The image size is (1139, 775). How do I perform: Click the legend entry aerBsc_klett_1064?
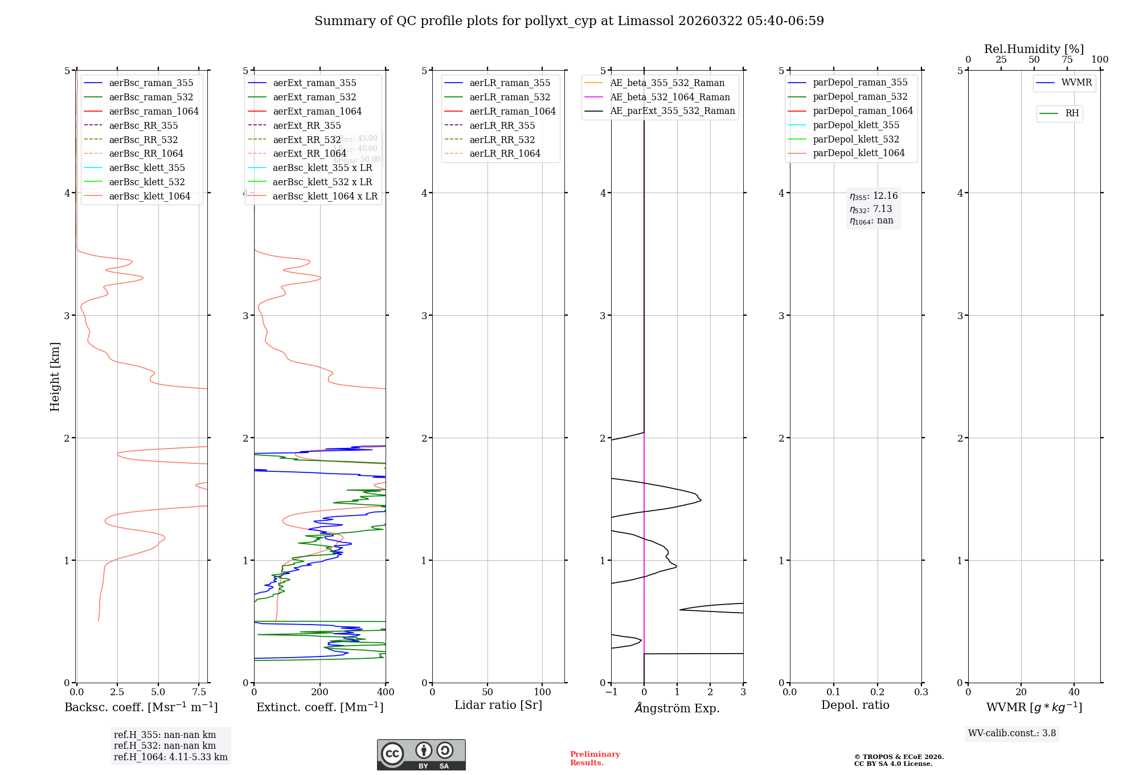150,196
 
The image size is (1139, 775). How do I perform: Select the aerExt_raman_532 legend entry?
314,97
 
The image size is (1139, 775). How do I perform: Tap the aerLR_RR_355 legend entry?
502,125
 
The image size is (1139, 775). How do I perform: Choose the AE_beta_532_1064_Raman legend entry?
670,97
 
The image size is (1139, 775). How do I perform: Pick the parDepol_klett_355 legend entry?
856,125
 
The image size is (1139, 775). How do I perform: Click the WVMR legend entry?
1076,83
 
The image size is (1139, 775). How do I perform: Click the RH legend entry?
1072,113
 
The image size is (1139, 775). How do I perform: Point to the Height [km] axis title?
55,376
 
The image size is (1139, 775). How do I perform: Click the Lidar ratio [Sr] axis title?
498,705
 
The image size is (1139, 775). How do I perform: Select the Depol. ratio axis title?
855,705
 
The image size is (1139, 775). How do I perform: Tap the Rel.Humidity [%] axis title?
1034,49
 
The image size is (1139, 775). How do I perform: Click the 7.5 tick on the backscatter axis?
199,692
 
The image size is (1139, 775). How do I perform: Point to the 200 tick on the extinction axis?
320,692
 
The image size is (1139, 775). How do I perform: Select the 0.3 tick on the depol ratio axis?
921,692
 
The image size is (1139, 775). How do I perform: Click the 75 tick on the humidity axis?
1067,60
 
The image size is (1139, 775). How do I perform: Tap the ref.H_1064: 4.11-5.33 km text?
170,757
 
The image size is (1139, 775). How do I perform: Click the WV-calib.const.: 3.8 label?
1012,733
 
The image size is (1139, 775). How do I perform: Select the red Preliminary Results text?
595,758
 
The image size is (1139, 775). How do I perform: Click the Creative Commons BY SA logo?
421,754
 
